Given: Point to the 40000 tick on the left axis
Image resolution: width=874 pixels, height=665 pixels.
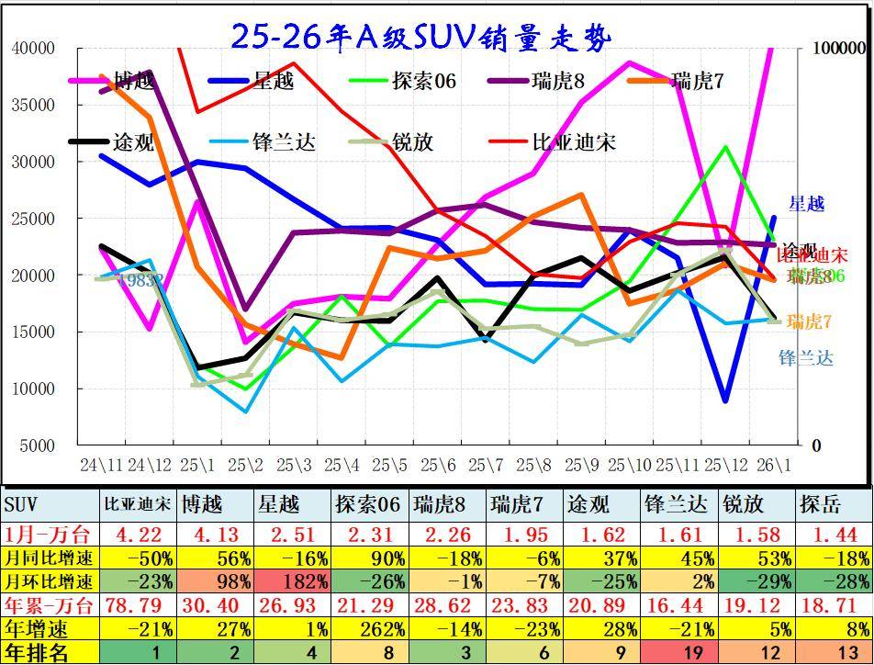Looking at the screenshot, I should (34, 48).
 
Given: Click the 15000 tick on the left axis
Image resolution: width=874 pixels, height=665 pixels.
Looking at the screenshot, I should (34, 332).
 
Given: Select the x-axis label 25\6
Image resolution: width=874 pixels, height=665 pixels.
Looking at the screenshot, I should (439, 464).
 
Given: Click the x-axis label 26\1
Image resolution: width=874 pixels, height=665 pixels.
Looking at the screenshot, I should (775, 464).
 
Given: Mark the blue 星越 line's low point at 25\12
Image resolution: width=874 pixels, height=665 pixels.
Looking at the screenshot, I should (726, 400).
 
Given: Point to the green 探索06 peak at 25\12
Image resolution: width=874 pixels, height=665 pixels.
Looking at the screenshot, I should (726, 147).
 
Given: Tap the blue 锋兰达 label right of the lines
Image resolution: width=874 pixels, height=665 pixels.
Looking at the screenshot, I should (806, 358).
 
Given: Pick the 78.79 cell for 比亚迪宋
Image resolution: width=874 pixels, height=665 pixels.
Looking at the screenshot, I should (136, 605).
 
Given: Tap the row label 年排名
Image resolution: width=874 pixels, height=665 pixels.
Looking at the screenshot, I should (37, 653).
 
